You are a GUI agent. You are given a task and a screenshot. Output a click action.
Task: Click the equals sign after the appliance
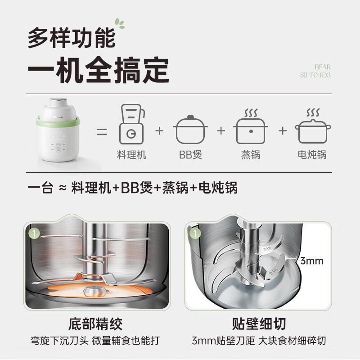point(103,132)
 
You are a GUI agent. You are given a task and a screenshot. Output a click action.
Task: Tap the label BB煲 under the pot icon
point(190,155)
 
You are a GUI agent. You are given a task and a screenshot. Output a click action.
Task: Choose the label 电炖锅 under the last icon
point(312,155)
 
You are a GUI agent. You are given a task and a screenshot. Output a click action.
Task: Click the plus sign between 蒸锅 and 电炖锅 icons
point(282,131)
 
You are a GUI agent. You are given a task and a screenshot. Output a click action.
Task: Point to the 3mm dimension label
point(312,261)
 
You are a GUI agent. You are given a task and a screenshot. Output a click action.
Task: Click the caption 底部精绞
point(96,324)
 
